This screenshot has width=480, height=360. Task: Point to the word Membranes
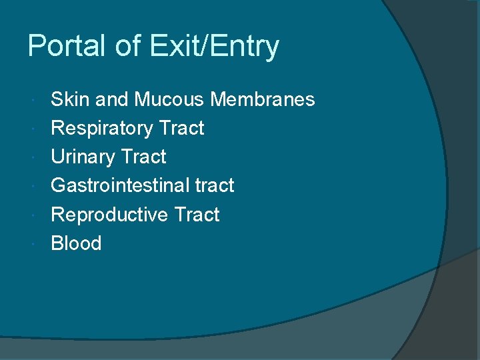[x=262, y=99]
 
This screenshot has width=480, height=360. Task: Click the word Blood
[x=76, y=243]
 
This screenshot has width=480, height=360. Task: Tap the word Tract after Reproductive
[x=197, y=215]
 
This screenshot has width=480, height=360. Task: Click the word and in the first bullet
[x=111, y=99]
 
